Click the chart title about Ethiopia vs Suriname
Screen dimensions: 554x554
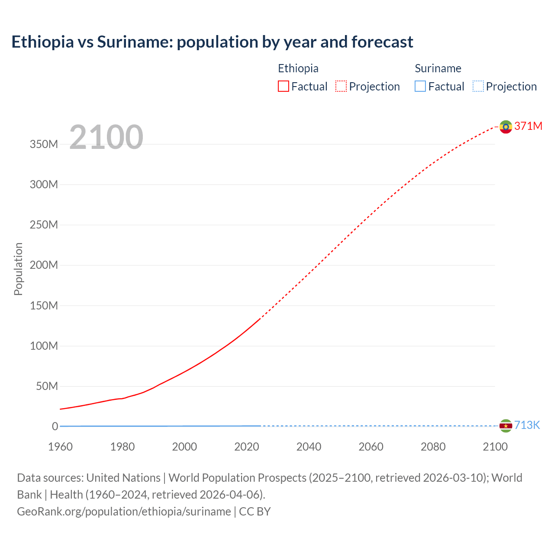point(212,42)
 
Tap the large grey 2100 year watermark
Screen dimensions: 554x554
point(106,137)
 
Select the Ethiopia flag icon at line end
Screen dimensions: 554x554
point(506,126)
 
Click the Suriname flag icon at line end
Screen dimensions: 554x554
point(506,426)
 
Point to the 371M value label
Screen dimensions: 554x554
point(528,126)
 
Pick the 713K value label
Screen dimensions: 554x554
point(527,425)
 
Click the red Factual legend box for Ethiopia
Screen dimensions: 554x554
point(283,87)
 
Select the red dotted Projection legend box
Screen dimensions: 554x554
point(341,87)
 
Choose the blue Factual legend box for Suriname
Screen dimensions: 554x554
point(420,87)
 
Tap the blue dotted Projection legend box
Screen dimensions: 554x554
point(478,87)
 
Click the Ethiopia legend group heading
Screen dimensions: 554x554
point(298,68)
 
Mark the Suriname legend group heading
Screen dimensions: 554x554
point(438,68)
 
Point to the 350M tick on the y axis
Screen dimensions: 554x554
point(44,144)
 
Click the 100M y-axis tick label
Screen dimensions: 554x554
point(44,346)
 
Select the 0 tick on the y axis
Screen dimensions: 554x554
point(55,426)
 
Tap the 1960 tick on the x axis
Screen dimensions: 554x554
point(60,447)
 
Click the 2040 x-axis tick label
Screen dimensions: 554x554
point(309,447)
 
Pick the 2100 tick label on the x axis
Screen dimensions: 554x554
point(495,447)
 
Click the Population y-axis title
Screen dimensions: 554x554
point(18,269)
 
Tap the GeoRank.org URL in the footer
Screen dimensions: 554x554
point(124,512)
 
